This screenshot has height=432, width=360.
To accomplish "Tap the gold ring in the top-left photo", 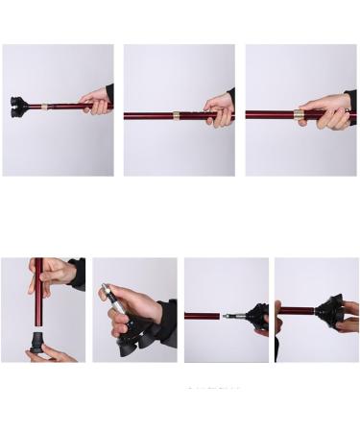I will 44,106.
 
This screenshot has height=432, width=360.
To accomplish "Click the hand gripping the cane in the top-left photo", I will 96,101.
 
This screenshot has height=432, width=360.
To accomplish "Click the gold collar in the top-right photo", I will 299,114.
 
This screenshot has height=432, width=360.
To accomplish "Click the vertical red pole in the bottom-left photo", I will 38,298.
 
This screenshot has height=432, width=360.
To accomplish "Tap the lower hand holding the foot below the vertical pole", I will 53,355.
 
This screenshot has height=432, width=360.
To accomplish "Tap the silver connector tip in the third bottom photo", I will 233,315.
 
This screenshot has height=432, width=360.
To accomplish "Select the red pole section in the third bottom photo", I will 204,315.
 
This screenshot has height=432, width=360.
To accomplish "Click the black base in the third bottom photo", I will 256,315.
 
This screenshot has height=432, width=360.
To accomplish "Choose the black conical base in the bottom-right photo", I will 327,312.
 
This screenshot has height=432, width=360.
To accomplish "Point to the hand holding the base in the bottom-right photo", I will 349,317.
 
